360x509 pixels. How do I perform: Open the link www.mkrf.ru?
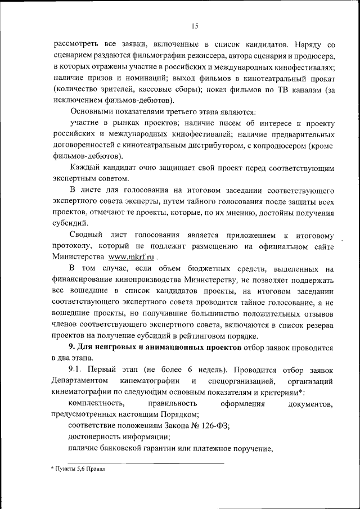click(x=131, y=256)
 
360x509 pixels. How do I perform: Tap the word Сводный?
click(x=85, y=235)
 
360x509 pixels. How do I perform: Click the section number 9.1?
click(x=78, y=368)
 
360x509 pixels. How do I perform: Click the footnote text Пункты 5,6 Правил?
click(x=78, y=468)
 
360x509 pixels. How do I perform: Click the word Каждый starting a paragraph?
click(x=85, y=168)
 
